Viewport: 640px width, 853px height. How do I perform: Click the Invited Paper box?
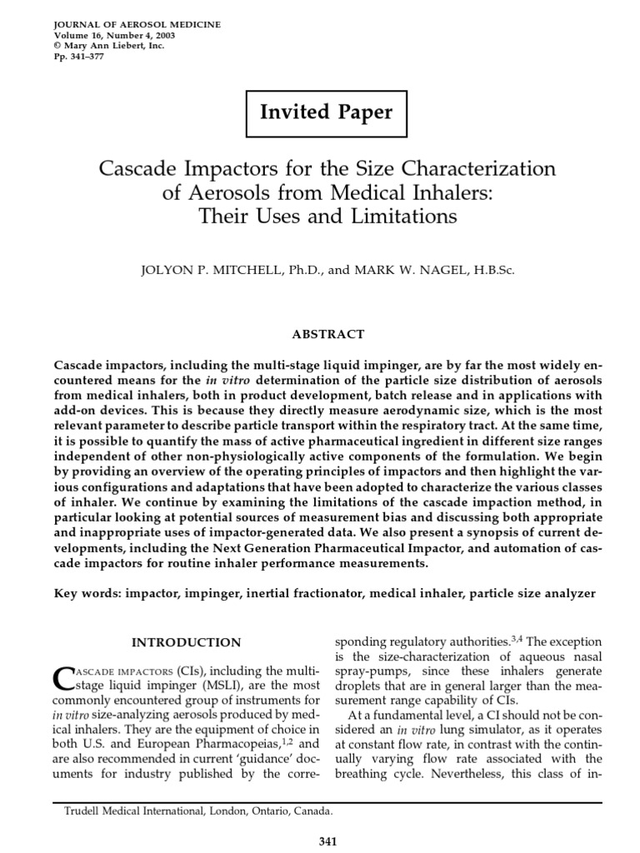[326, 113]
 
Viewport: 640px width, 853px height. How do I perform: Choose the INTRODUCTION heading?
[187, 642]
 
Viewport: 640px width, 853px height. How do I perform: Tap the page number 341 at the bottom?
[327, 842]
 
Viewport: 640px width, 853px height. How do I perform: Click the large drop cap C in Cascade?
[64, 680]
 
